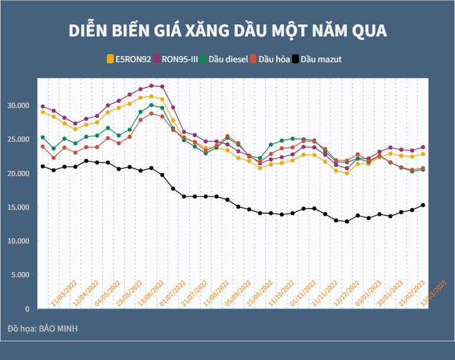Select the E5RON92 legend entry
click(x=129, y=59)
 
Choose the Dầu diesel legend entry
click(x=224, y=59)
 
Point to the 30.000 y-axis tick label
click(x=19, y=105)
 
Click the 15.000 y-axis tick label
click(x=19, y=207)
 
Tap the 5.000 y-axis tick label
click(x=21, y=275)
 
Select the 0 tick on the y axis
click(x=27, y=309)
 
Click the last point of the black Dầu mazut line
click(x=423, y=205)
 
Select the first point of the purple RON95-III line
click(x=43, y=106)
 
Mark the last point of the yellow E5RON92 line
click(x=423, y=154)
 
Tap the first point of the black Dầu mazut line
click(x=43, y=166)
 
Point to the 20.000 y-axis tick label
click(x=19, y=173)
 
